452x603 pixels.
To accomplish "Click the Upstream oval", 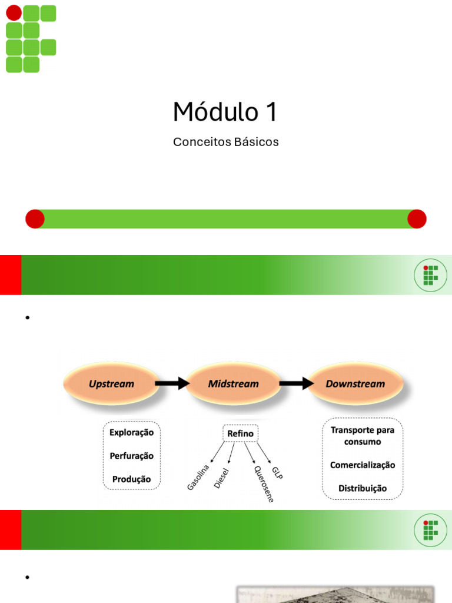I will [111, 384].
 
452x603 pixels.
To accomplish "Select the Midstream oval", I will [234, 384].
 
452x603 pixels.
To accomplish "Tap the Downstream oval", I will [355, 384].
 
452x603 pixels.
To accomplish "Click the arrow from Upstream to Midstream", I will [172, 384].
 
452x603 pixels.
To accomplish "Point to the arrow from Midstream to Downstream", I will [296, 384].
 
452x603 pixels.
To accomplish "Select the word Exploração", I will [131, 432].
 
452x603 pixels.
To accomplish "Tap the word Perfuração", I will [131, 456].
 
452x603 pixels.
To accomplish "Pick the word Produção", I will [131, 479].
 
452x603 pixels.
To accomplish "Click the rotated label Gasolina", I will [198, 477].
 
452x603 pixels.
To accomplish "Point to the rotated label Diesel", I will [221, 478].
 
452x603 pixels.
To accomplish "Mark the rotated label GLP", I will [278, 472].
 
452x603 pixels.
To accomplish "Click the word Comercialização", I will [363, 465].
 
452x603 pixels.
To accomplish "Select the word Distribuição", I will [363, 488].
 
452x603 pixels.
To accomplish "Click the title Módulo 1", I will [225, 112].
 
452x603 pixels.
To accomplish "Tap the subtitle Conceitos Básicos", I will [225, 143].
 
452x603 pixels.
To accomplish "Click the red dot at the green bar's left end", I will [35, 219].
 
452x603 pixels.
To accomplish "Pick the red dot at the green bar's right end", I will [417, 219].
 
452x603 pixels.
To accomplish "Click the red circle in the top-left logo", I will [14, 13].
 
